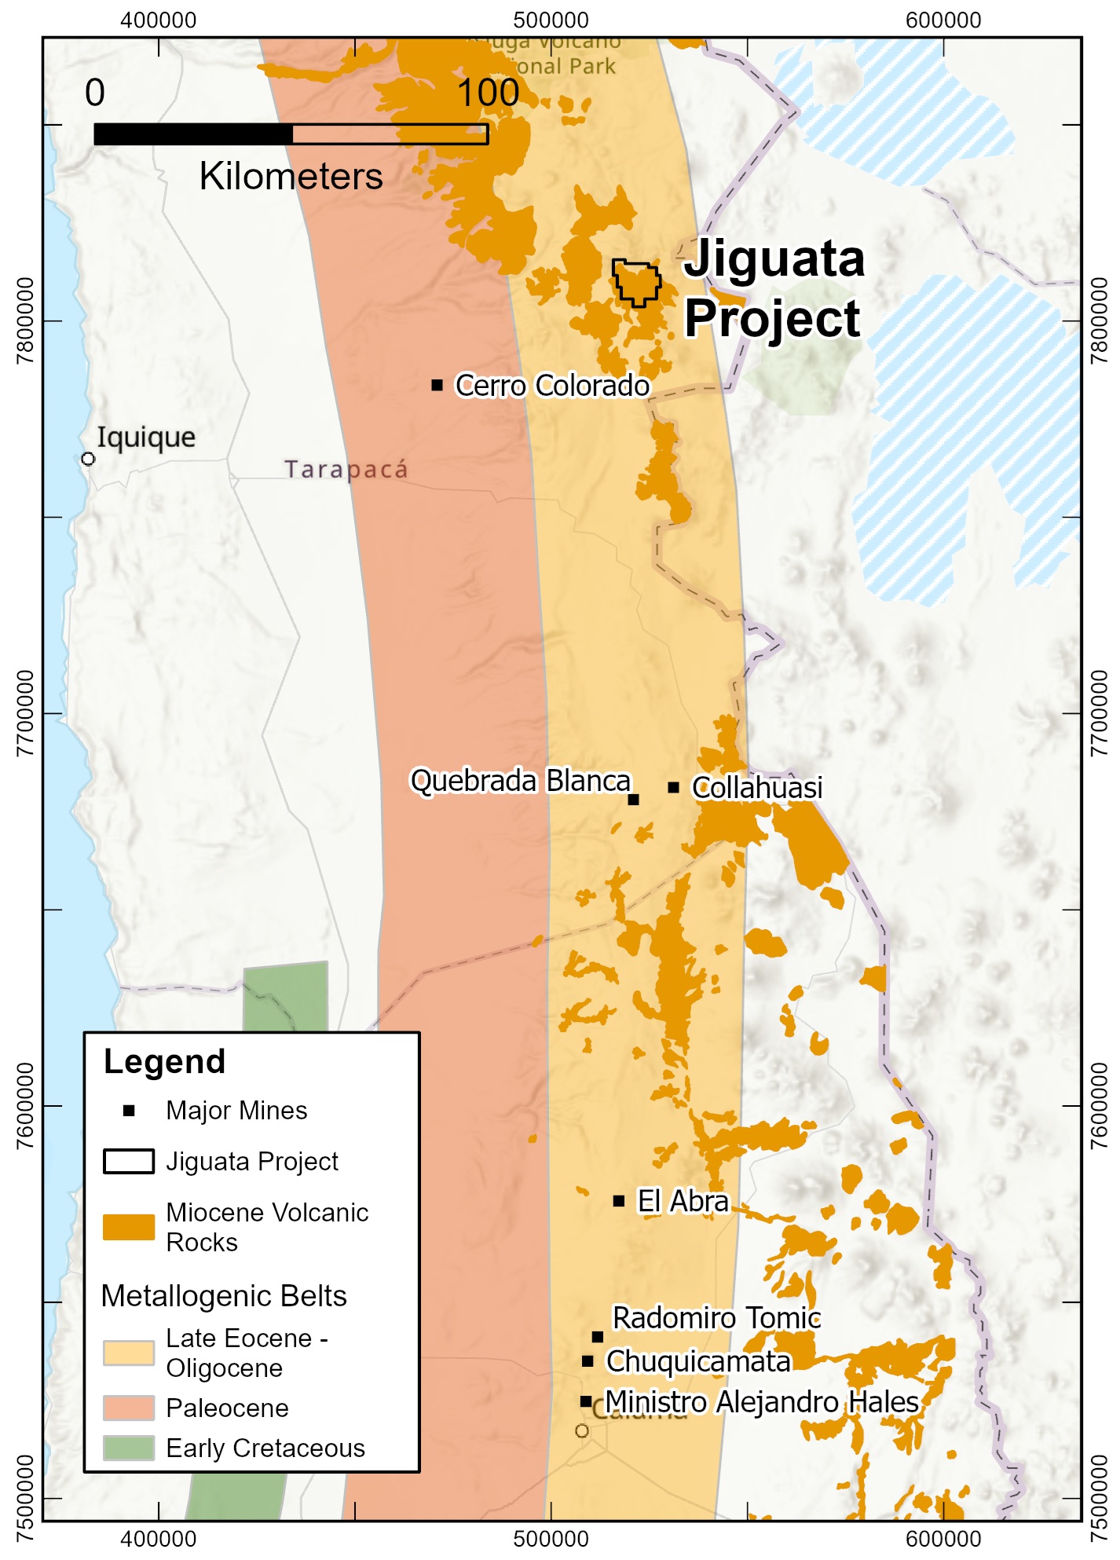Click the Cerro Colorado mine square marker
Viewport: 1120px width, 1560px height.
[x=437, y=385]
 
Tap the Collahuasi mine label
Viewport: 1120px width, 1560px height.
[x=757, y=787]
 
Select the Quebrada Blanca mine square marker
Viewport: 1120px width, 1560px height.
[x=634, y=800]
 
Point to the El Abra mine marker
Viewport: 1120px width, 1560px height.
[x=619, y=1201]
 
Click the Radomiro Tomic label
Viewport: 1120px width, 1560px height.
[x=716, y=1318]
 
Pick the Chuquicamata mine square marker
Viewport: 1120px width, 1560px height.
[x=587, y=1361]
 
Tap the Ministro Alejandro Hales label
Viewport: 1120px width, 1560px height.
[x=761, y=1401]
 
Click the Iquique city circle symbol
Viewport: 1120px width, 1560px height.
[x=88, y=459]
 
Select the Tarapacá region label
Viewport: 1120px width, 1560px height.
[x=346, y=470]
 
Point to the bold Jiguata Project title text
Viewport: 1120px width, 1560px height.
[x=774, y=288]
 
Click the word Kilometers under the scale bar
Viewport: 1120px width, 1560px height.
[x=291, y=176]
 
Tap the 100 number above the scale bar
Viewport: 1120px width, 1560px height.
[x=488, y=93]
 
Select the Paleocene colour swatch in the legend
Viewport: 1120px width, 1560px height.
[x=129, y=1408]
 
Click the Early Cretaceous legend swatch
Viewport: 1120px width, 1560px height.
[x=129, y=1448]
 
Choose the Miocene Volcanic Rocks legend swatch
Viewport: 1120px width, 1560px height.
[x=129, y=1227]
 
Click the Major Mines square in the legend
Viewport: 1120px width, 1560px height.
[x=129, y=1111]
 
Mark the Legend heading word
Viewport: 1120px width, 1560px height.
[x=165, y=1061]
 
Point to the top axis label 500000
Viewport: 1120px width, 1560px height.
[x=551, y=20]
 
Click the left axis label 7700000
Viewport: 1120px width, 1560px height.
[x=25, y=713]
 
